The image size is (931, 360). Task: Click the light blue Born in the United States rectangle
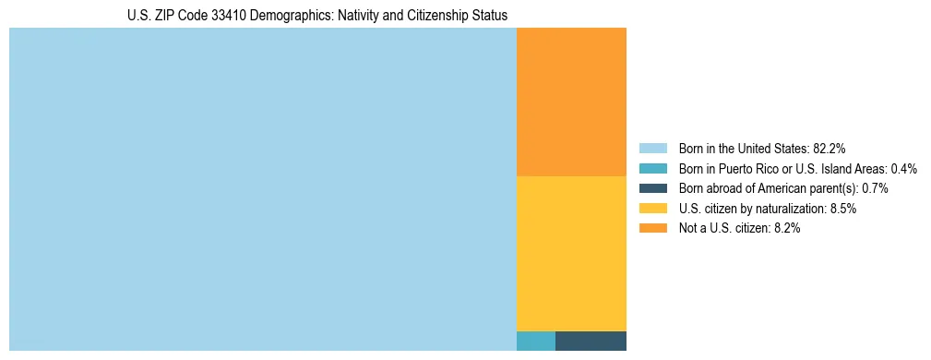(262, 189)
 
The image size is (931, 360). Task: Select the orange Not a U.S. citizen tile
(571, 102)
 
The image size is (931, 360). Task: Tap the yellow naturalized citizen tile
(571, 253)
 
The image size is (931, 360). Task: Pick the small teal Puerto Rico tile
(535, 341)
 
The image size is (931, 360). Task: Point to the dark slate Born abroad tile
(591, 341)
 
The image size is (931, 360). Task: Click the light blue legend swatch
(652, 148)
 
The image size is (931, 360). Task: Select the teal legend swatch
(652, 168)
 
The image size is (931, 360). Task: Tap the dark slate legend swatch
(652, 188)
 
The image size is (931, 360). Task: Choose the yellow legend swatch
(652, 209)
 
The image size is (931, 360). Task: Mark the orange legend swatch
(652, 229)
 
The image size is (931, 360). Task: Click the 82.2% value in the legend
(830, 148)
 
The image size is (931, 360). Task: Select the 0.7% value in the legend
(875, 188)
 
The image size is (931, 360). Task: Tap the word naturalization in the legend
(789, 209)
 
